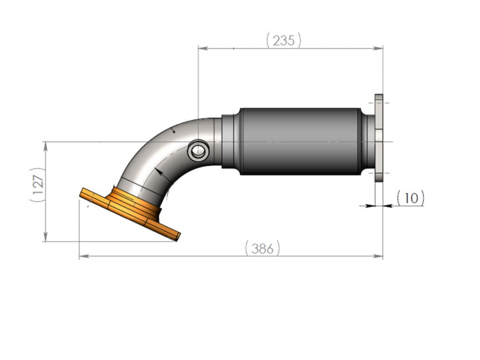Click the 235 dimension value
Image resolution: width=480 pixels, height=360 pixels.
284,41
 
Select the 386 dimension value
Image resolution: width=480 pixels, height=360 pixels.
263,249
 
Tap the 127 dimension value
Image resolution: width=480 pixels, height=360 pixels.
38,185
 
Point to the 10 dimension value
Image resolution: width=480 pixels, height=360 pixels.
411,199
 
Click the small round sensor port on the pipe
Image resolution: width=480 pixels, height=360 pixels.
199,150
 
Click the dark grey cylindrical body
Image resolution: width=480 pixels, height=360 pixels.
300,141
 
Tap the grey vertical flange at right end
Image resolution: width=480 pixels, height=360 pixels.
379,138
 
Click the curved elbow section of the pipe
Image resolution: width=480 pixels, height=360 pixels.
159,153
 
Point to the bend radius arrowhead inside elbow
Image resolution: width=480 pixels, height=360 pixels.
158,171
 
